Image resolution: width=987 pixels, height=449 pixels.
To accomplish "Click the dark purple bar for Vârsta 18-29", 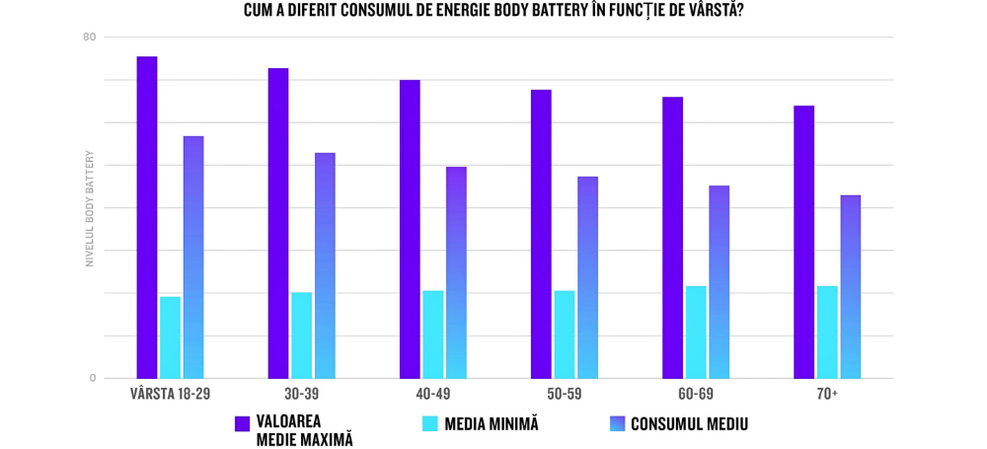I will tap(147, 217).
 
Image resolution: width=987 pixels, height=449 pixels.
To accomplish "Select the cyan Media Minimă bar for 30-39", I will tap(301, 336).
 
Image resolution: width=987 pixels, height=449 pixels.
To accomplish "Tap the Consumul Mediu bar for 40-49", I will tap(456, 272).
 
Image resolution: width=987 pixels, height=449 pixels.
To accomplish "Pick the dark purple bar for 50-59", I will tap(541, 234).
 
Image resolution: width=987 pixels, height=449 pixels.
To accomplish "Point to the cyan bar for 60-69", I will tap(696, 333).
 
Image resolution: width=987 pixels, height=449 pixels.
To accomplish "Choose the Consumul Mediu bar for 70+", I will tap(850, 286).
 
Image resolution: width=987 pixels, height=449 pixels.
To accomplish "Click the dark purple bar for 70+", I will tap(803, 242).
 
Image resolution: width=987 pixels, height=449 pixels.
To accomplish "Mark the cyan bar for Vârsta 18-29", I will tap(170, 337).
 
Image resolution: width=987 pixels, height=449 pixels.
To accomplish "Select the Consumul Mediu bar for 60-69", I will tap(719, 281).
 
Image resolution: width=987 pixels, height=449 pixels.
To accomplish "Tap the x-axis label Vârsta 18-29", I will tap(170, 394).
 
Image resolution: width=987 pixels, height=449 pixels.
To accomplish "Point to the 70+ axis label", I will tap(827, 394).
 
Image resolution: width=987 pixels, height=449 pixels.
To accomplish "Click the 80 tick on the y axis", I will tap(90, 37).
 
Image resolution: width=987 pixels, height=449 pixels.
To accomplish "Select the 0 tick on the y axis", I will tap(93, 378).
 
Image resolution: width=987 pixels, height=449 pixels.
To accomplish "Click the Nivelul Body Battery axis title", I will tap(89, 208).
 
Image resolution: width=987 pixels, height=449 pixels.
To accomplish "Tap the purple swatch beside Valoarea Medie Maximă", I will tap(242, 424).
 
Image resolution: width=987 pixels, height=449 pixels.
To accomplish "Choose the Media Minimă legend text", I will tap(492, 424).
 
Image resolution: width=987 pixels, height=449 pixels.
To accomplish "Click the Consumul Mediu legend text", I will tap(689, 424).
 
